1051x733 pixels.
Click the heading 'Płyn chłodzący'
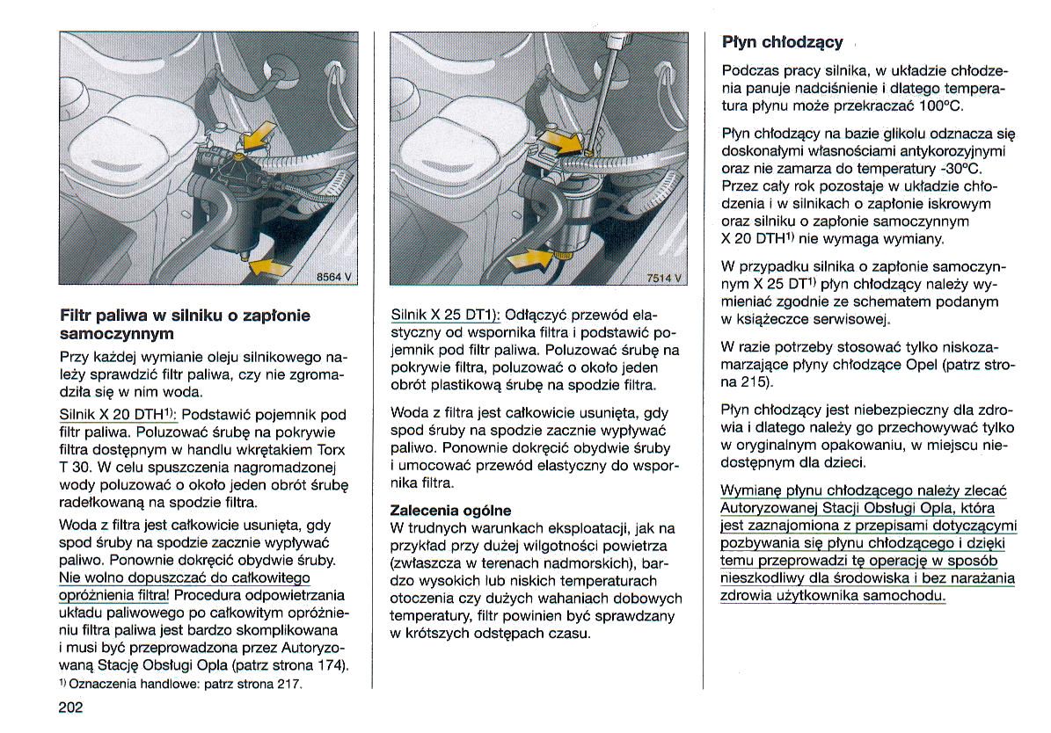(782, 41)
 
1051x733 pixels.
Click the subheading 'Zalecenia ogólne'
(450, 511)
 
